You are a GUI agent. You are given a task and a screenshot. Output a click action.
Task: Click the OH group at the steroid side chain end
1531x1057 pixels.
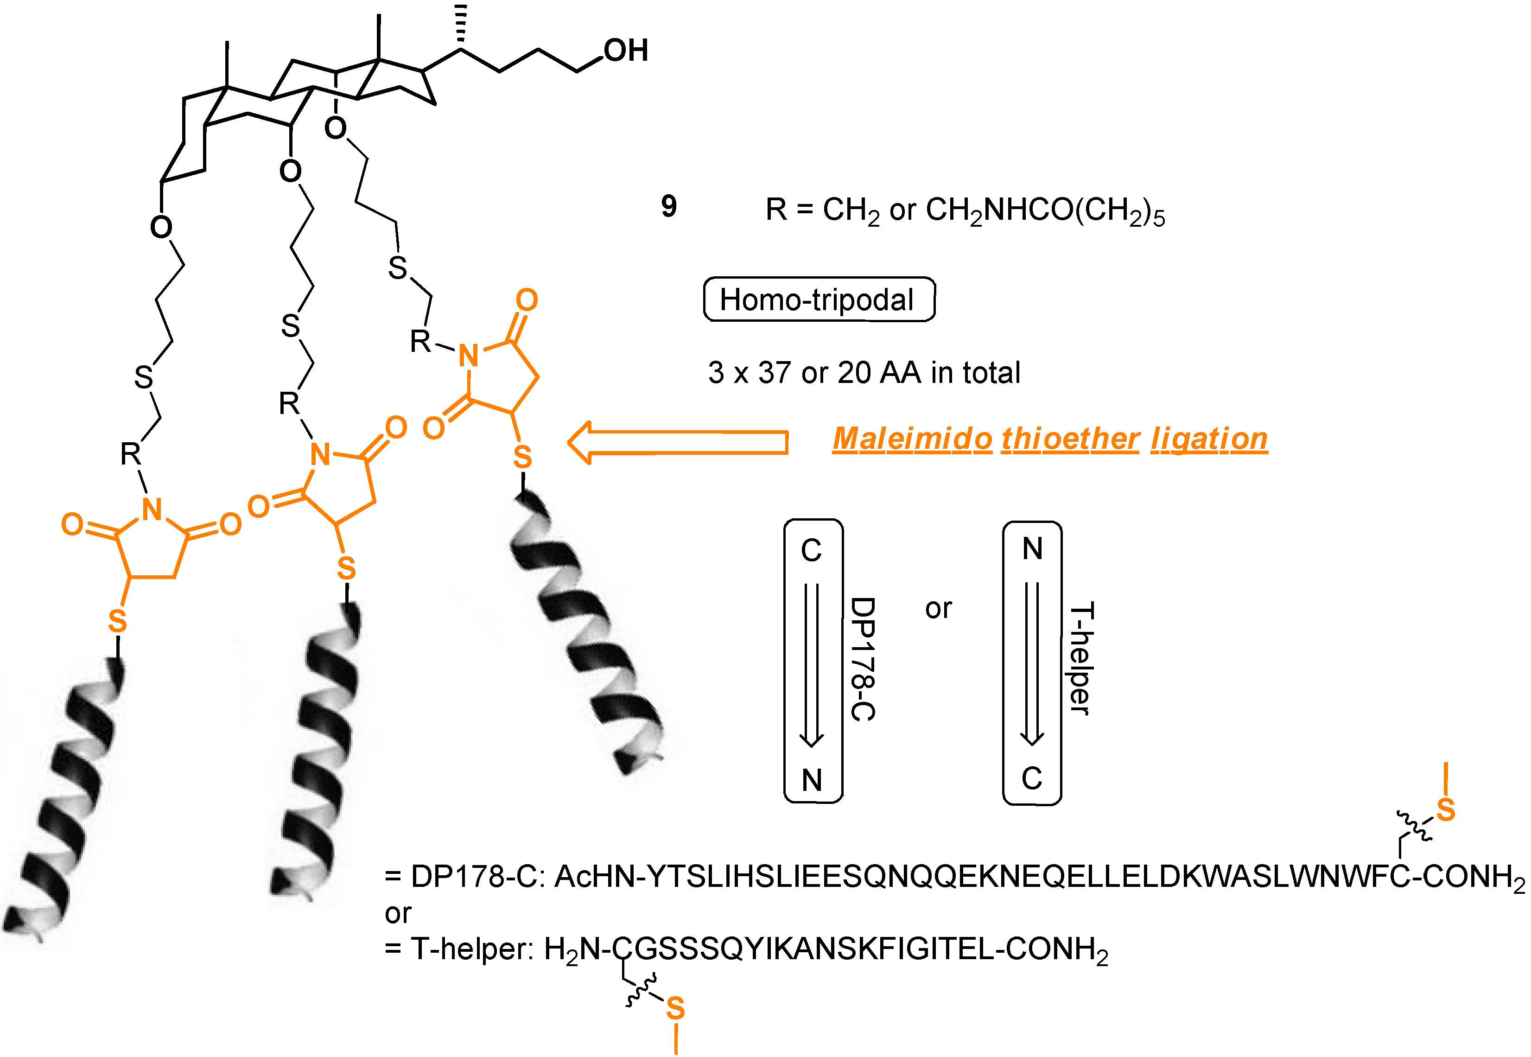pos(625,51)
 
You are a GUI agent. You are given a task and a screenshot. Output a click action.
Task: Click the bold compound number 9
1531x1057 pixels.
pos(669,207)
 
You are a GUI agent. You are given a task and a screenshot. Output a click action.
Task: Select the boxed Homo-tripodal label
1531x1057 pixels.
pos(819,299)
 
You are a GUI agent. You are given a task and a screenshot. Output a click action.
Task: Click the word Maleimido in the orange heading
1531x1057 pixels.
pos(912,439)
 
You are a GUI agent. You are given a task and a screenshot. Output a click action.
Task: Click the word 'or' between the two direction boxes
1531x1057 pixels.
pos(938,608)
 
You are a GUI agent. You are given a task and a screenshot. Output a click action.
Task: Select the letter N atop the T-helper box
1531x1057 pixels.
pos(1032,549)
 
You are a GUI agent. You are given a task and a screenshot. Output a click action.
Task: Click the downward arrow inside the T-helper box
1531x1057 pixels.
pos(1032,662)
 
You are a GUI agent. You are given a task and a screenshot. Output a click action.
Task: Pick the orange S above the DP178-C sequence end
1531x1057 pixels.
pos(1446,810)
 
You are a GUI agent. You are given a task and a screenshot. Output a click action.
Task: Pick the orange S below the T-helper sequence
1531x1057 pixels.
pos(675,1009)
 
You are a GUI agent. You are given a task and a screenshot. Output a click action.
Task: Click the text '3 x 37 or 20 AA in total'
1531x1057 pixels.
pos(864,373)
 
